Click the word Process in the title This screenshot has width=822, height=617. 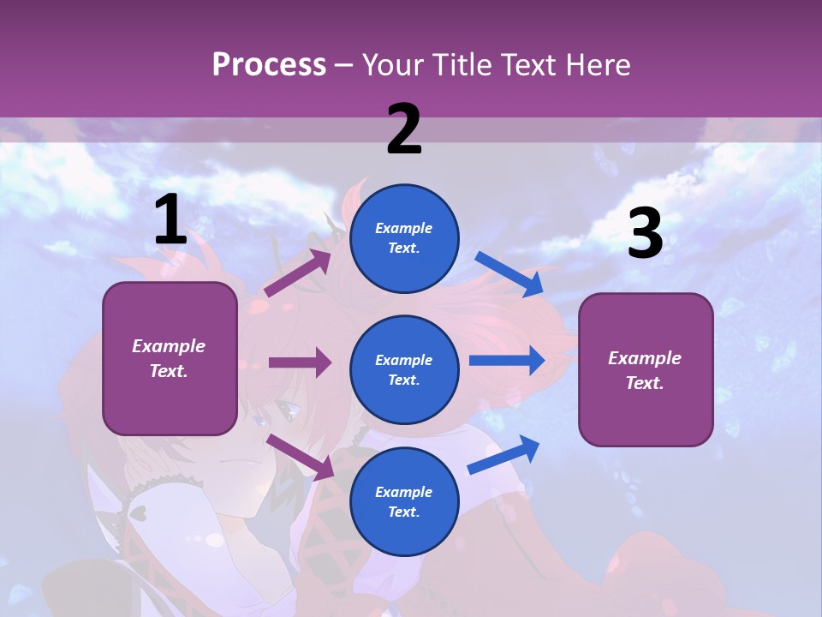[269, 64]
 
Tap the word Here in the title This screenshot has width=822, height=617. [595, 64]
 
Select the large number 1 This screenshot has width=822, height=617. [170, 220]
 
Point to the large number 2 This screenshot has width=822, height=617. [404, 129]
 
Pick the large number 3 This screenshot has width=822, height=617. [645, 234]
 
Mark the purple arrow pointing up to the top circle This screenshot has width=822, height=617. [299, 273]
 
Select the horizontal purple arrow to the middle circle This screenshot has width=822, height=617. [300, 362]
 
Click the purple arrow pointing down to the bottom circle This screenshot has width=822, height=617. [301, 457]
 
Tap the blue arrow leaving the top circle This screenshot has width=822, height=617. [509, 273]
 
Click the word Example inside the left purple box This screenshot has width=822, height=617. [169, 346]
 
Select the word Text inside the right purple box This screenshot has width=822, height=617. [644, 383]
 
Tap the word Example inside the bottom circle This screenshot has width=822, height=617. [403, 492]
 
